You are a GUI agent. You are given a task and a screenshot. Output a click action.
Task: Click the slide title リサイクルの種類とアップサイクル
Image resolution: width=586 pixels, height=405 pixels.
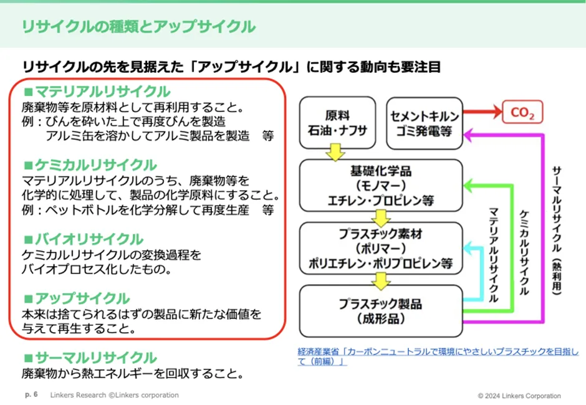pyautogui.click(x=138, y=27)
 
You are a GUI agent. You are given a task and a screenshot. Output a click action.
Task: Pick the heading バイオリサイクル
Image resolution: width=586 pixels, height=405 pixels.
pyautogui.click(x=88, y=239)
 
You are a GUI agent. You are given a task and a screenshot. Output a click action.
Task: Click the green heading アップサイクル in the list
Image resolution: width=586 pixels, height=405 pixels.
pyautogui.click(x=81, y=298)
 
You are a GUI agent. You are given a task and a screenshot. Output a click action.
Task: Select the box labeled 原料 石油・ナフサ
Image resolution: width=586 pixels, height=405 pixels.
pyautogui.click(x=337, y=123)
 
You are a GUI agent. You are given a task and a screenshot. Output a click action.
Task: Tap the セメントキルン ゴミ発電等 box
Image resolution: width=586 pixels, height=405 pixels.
pyautogui.click(x=425, y=123)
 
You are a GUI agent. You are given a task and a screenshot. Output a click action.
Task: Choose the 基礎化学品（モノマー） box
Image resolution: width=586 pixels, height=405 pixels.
pyautogui.click(x=381, y=185)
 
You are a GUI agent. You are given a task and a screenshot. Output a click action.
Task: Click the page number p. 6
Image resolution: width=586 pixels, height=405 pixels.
pyautogui.click(x=31, y=395)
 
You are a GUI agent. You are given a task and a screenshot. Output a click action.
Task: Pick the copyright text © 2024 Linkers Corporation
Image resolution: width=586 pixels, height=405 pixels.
pyautogui.click(x=519, y=396)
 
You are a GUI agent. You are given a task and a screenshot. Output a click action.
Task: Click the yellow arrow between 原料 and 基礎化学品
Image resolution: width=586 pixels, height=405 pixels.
pyautogui.click(x=337, y=151)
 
